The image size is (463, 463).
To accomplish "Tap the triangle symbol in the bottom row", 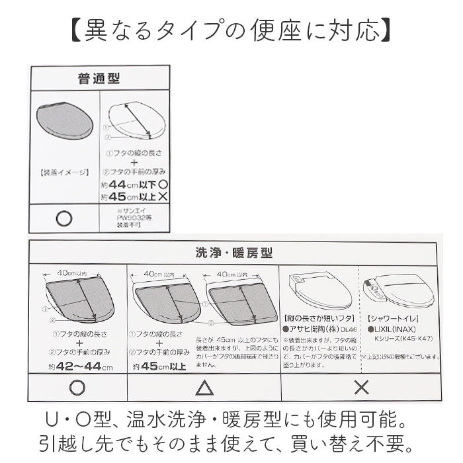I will (204, 387).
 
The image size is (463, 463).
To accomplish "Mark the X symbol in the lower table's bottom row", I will (361, 387).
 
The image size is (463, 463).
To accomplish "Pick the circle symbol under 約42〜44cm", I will (77, 387).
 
